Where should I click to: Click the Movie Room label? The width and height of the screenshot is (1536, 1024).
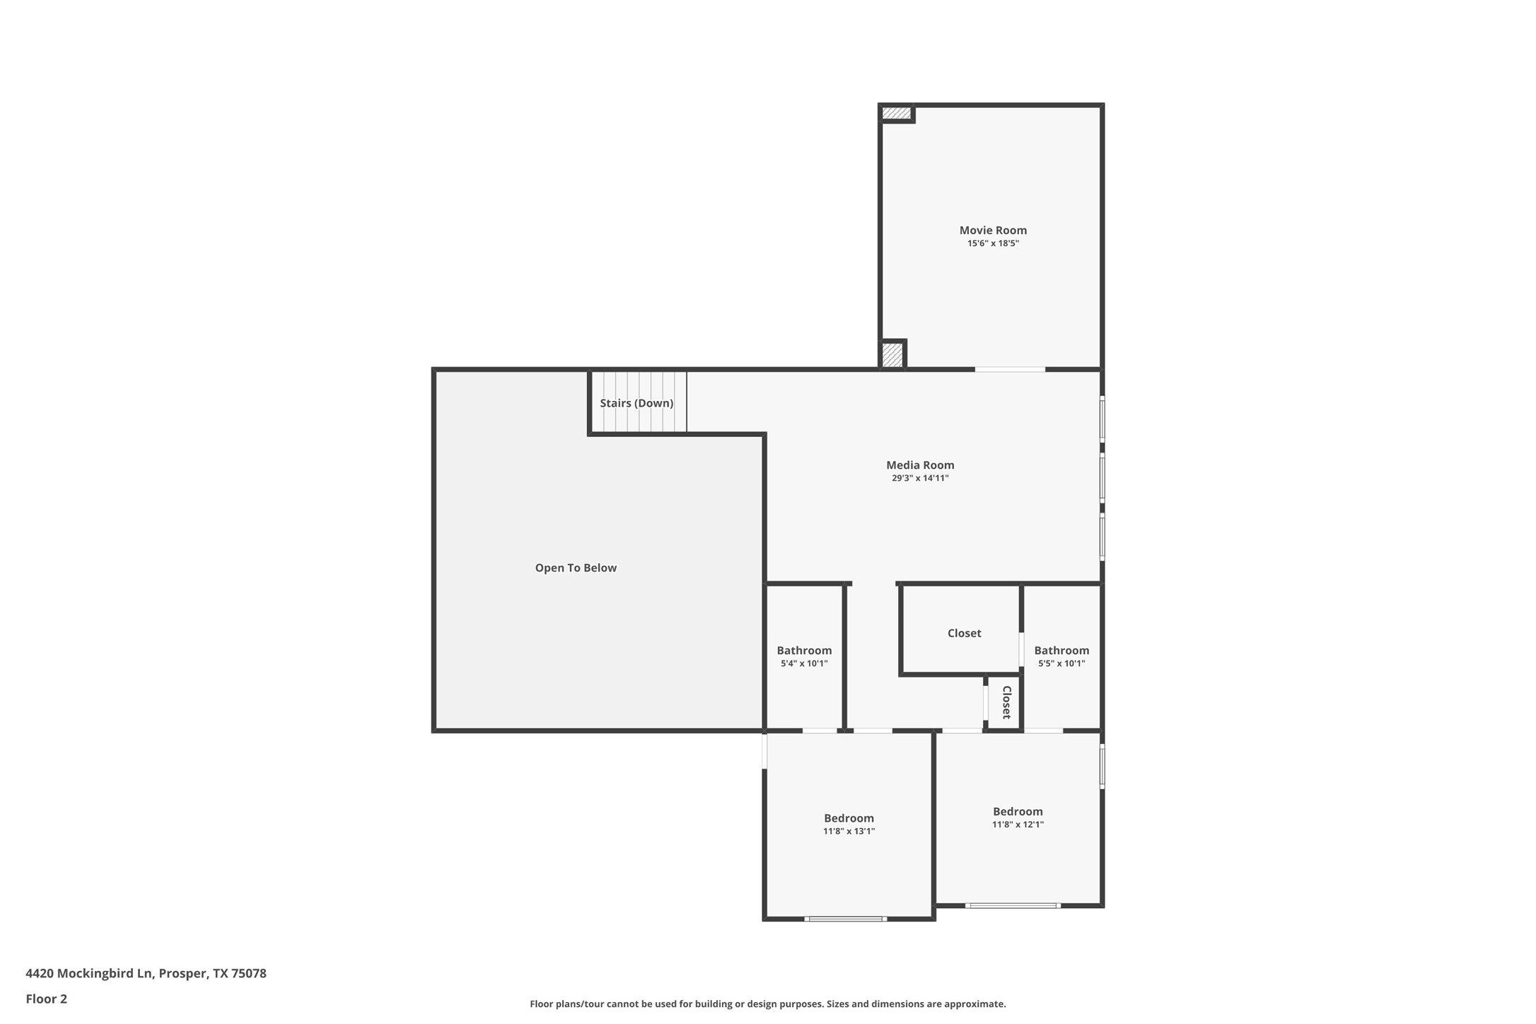[992, 230]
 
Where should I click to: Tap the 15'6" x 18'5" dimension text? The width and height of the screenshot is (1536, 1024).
[992, 243]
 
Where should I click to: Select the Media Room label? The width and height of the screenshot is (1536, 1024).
[919, 465]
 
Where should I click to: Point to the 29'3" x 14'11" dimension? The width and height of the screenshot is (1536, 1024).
[919, 478]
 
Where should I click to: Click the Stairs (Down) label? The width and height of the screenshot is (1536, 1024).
[636, 403]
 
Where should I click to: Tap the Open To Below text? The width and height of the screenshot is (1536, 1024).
[575, 568]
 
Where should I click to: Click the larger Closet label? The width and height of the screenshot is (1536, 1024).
[963, 633]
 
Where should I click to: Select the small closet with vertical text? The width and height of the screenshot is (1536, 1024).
[1006, 702]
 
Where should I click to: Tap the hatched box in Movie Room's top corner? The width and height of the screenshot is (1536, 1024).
[896, 113]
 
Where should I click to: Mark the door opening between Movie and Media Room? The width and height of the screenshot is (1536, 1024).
[1009, 369]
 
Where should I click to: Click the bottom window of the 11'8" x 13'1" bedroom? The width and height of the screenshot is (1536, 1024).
[845, 919]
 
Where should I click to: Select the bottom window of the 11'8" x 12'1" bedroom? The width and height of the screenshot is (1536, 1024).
[1012, 905]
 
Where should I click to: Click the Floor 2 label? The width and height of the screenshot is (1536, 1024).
[46, 999]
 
